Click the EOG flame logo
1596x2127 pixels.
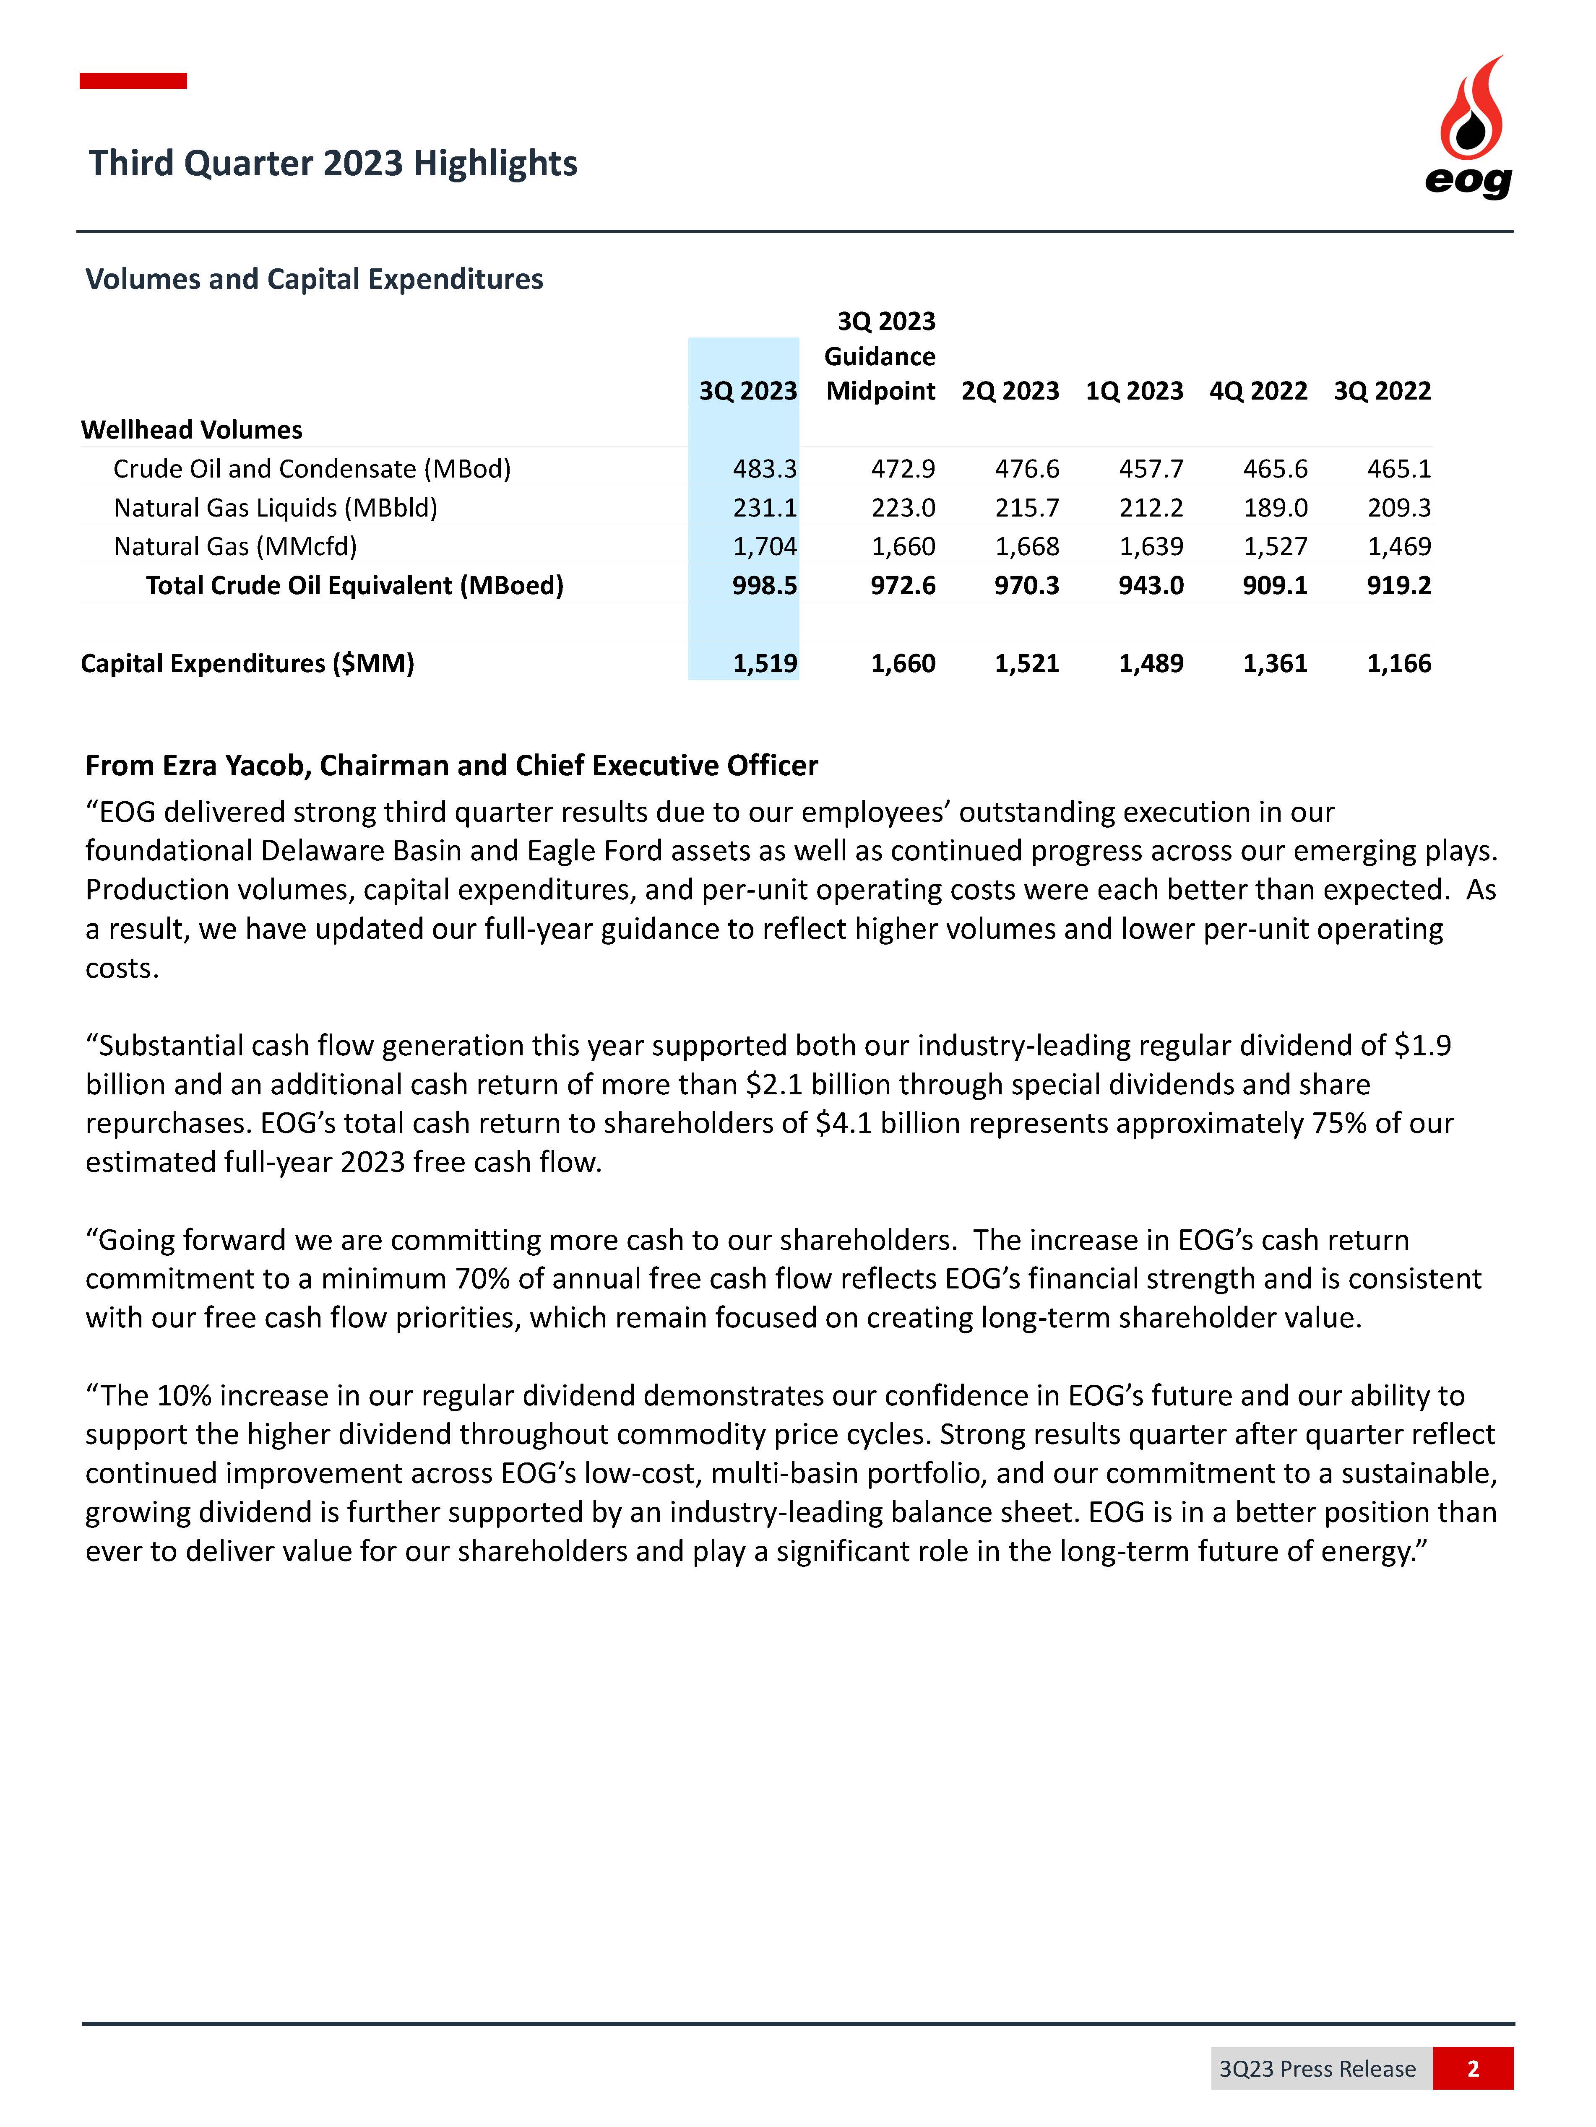pos(1469,125)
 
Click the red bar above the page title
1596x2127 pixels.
pos(133,81)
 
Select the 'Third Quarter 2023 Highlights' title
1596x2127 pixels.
pos(333,164)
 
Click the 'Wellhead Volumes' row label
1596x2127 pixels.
pos(191,430)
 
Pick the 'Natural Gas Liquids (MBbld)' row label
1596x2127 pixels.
pos(275,508)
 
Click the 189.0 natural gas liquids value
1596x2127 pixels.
pos(1275,508)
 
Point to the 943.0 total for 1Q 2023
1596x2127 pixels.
pos(1151,586)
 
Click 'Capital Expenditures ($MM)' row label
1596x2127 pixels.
pos(247,663)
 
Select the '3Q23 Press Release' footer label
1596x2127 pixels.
pos(1317,2068)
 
